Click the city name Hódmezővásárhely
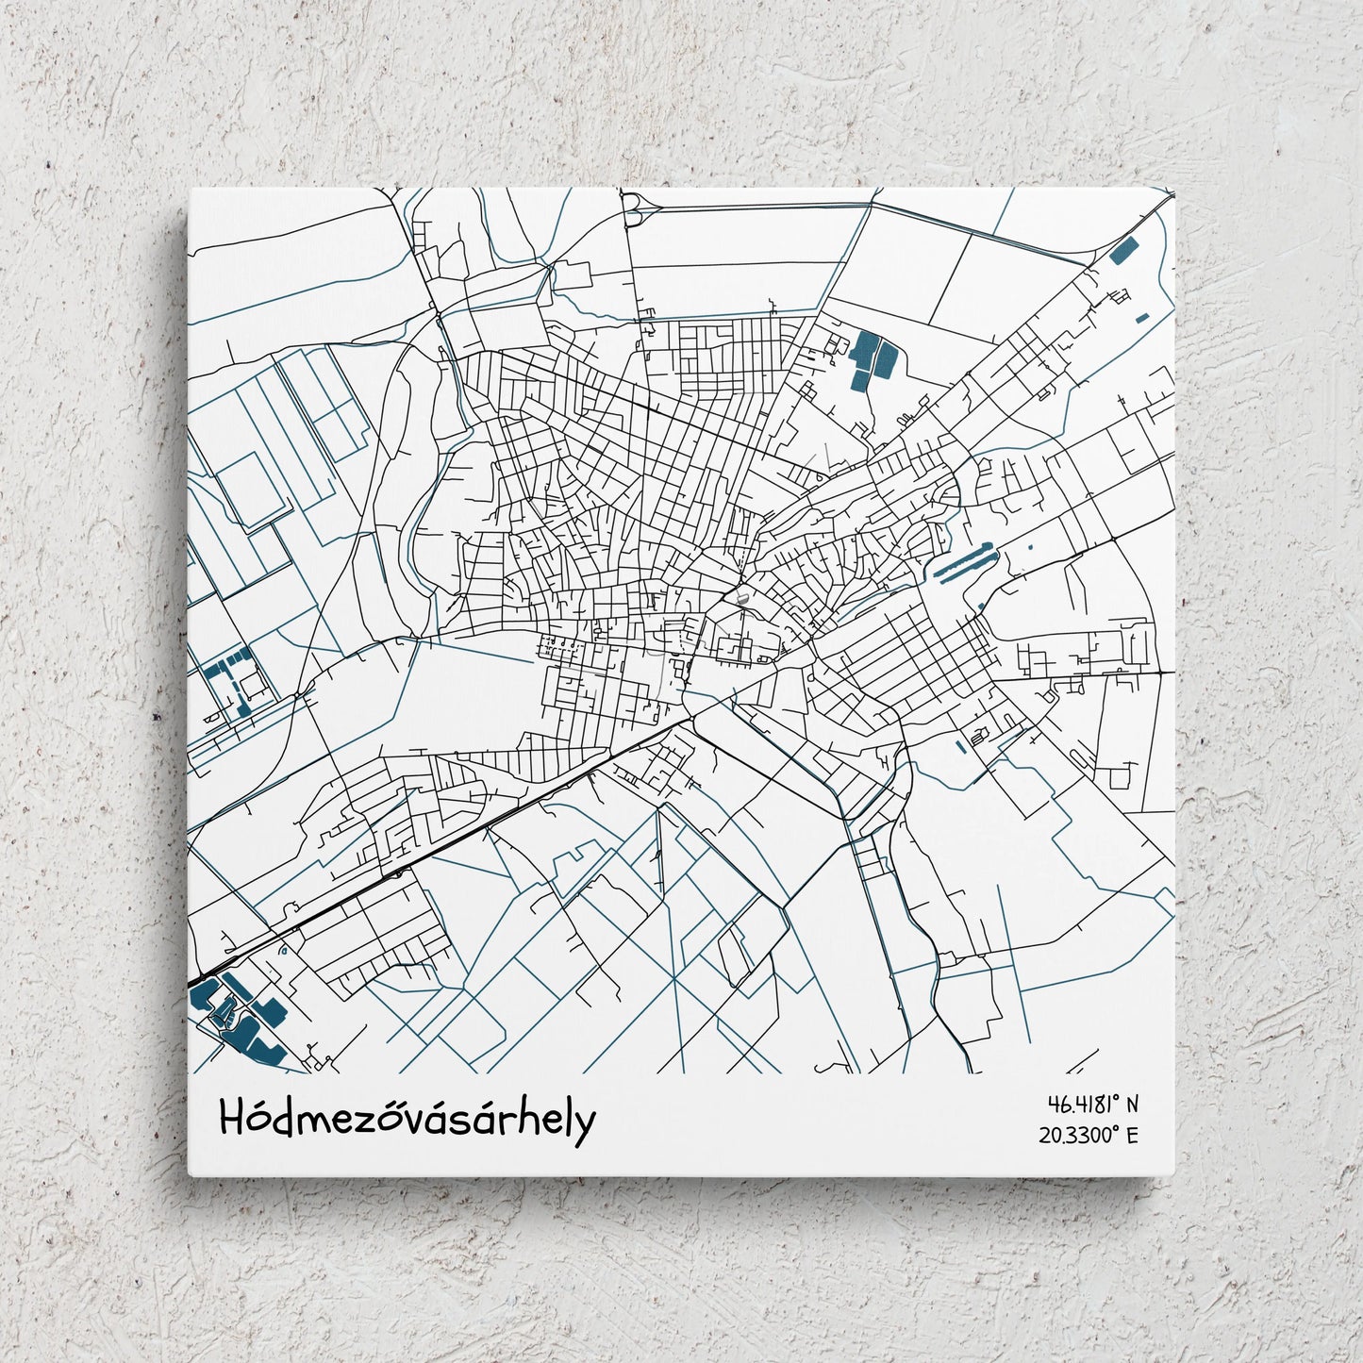(407, 1120)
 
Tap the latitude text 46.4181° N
(1092, 1104)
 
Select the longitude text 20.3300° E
(1089, 1135)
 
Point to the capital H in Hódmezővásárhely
(232, 1119)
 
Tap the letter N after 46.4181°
(1132, 1104)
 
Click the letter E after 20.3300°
(1132, 1135)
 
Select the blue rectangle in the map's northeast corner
(1123, 251)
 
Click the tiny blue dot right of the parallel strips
(1029, 547)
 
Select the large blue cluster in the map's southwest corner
(236, 1019)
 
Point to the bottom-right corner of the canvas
(1173, 1175)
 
